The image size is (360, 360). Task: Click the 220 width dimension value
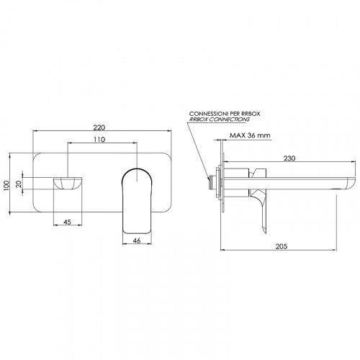[99, 127]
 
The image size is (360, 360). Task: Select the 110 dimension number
[99, 140]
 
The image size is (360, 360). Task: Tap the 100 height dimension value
[6, 185]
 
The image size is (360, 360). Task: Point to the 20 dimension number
[19, 184]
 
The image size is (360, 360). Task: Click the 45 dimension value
[68, 222]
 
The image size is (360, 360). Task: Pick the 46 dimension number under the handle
[137, 240]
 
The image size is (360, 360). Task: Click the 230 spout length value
[289, 158]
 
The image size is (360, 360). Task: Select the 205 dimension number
[282, 246]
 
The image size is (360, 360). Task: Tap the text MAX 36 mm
[250, 135]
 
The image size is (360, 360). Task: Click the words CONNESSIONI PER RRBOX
[225, 114]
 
